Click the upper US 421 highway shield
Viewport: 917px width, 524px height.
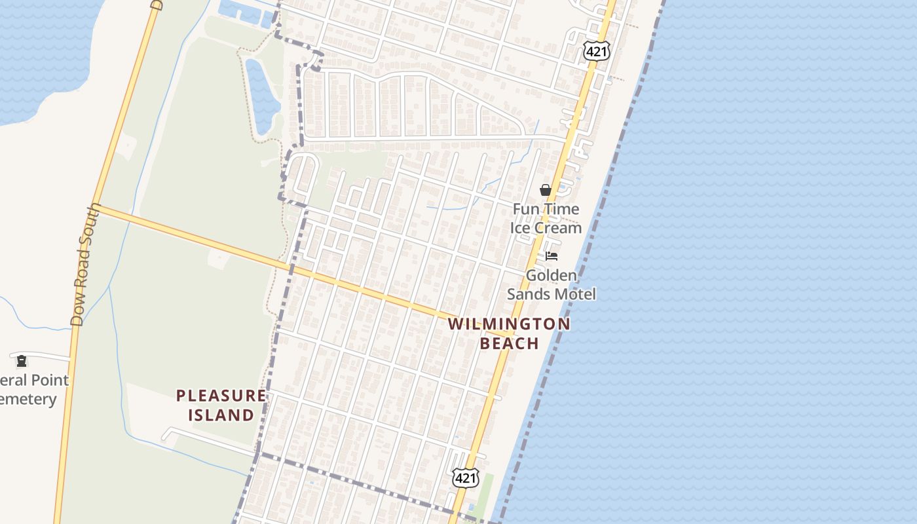click(x=597, y=51)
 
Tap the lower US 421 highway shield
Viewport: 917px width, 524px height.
click(x=466, y=477)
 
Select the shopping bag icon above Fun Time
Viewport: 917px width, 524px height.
click(x=545, y=190)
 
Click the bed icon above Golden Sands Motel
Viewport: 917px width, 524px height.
click(x=552, y=256)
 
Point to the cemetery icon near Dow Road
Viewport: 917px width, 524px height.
click(x=22, y=361)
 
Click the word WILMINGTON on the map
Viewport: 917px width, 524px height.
click(x=509, y=324)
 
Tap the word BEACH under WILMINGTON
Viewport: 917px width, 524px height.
click(x=509, y=343)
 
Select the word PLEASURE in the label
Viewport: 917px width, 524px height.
click(x=221, y=396)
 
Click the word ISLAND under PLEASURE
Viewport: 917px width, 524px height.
click(x=221, y=415)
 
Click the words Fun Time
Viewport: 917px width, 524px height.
click(x=546, y=209)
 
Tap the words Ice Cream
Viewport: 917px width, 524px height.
click(x=546, y=228)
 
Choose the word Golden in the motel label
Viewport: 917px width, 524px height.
click(x=552, y=275)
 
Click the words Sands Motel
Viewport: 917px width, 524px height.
click(x=552, y=294)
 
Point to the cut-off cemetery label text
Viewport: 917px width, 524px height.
click(x=33, y=390)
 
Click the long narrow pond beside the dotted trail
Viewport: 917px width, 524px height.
click(x=261, y=96)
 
